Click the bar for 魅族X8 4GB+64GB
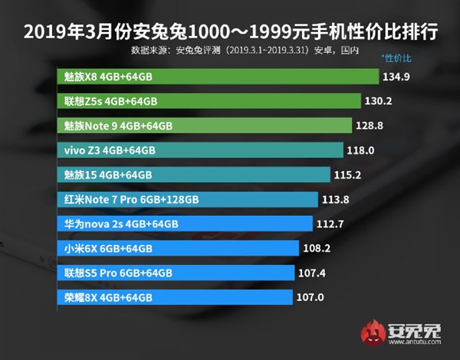click(x=219, y=77)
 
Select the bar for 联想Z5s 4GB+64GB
click(x=209, y=101)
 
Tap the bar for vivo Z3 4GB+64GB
click(x=199, y=150)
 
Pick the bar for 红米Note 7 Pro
click(x=188, y=199)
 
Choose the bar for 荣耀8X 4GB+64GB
click(x=175, y=296)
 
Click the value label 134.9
click(x=396, y=77)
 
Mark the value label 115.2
click(x=347, y=175)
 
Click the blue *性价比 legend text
click(x=396, y=57)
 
